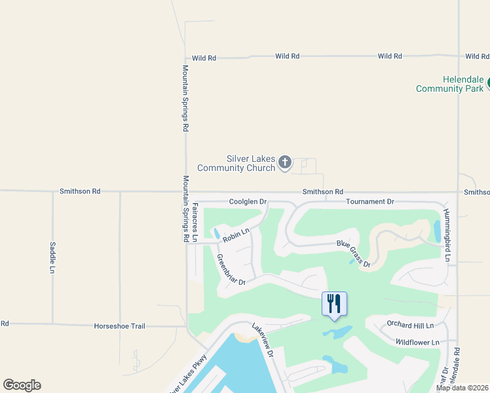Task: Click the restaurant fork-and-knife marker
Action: tap(334, 303)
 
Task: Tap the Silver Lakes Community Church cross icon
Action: tap(285, 162)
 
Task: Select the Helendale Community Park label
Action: tap(449, 84)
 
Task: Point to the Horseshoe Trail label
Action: tap(119, 326)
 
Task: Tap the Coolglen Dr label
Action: tap(248, 202)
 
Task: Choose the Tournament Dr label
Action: tap(370, 202)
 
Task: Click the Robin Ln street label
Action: tap(236, 234)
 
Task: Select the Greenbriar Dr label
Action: tap(230, 269)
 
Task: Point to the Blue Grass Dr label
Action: tap(354, 254)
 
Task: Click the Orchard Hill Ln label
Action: tap(410, 325)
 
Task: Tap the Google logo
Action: tap(22, 385)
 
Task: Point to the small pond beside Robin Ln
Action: tap(216, 233)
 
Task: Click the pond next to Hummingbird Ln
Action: tap(437, 231)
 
